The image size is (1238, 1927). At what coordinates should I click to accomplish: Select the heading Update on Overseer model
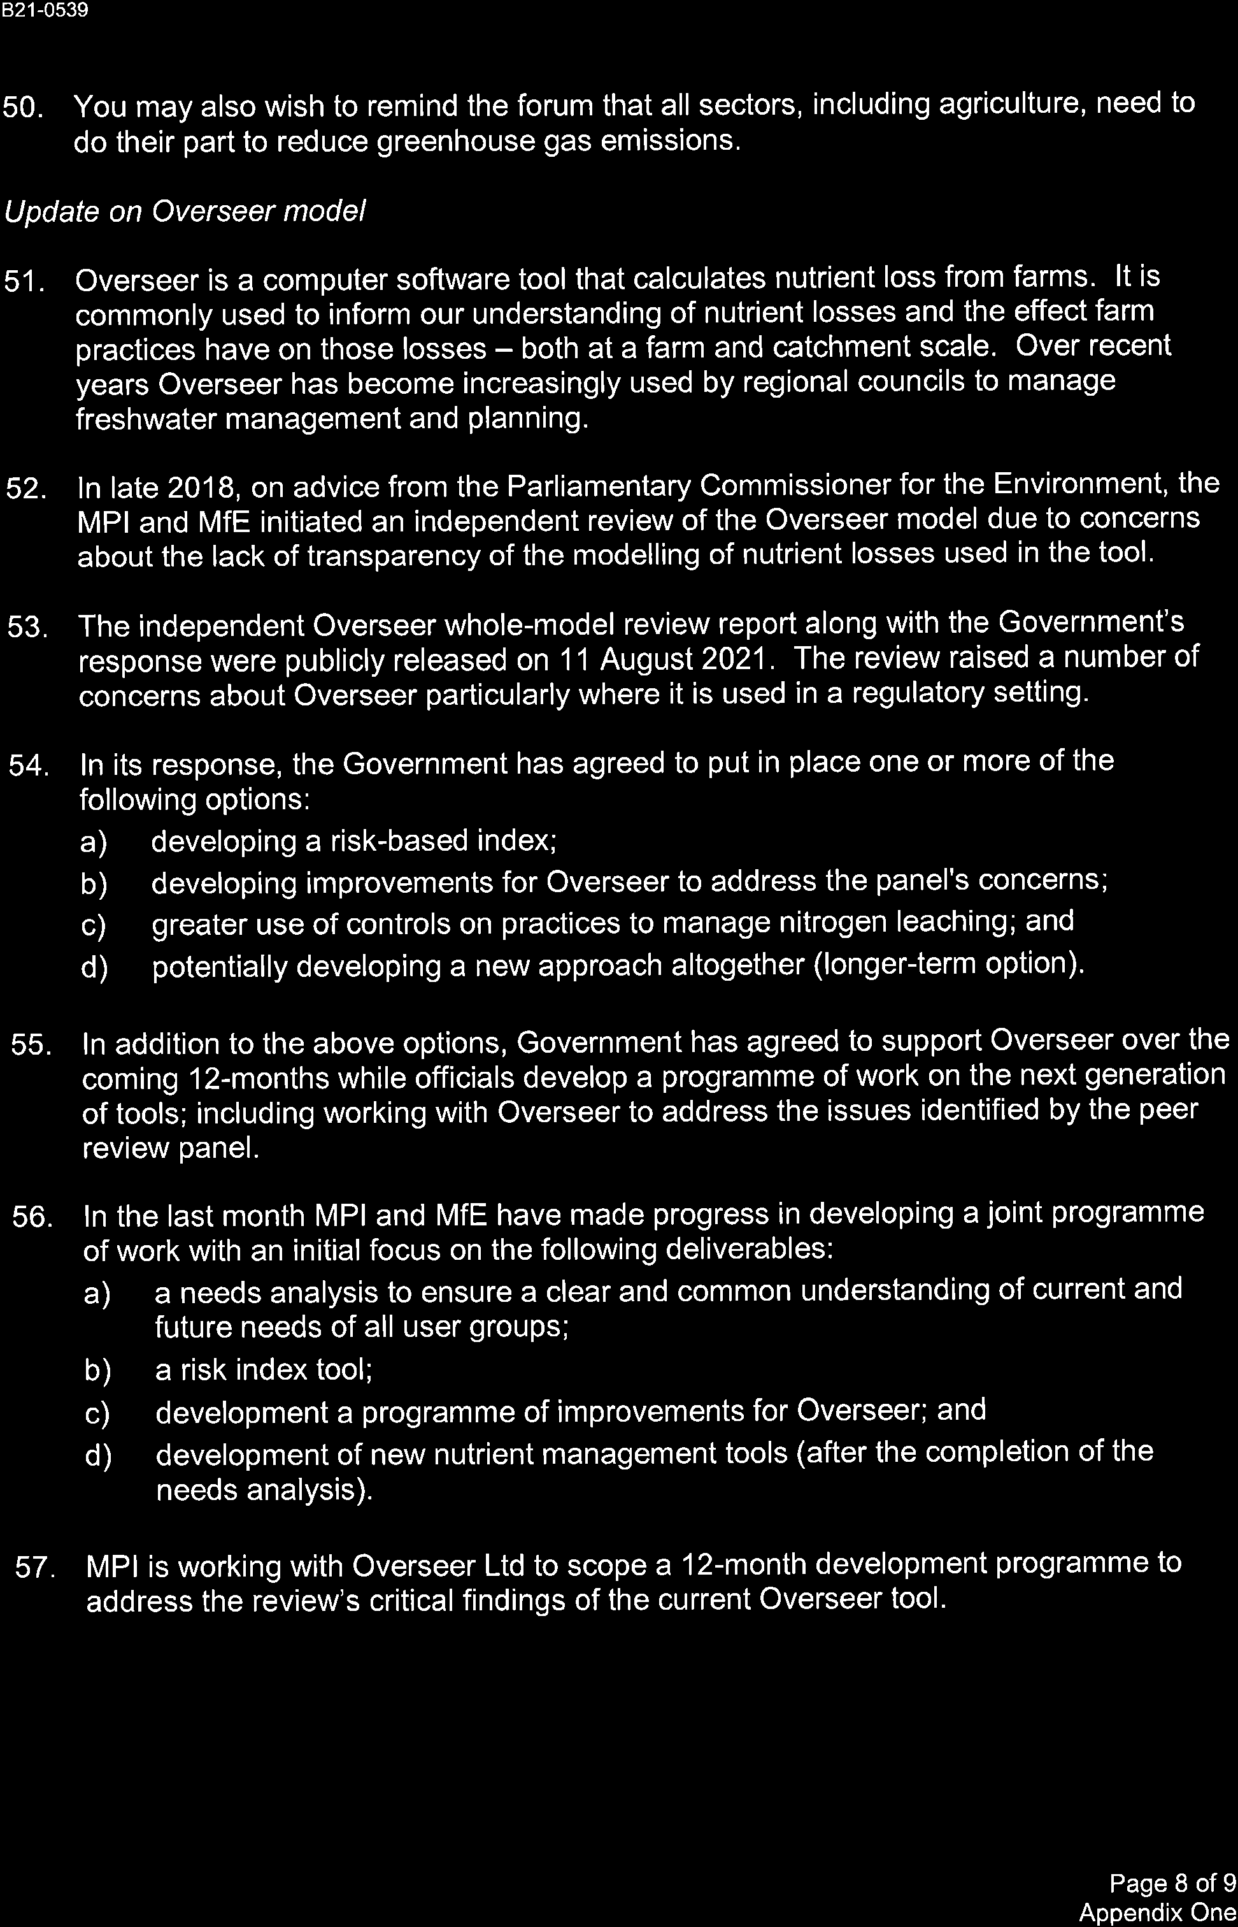[185, 212]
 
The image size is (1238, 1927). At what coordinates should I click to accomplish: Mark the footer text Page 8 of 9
[1172, 1883]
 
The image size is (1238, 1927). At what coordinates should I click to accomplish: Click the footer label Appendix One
[1157, 1912]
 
